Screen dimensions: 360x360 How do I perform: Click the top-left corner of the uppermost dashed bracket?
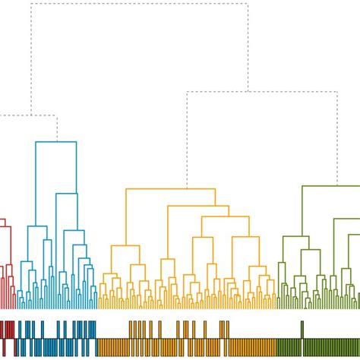(x=31, y=4)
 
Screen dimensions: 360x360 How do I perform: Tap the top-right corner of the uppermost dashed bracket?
(x=248, y=4)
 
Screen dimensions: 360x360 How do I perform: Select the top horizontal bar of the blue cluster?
(x=56, y=142)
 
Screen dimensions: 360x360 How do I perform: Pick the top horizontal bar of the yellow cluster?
(x=169, y=189)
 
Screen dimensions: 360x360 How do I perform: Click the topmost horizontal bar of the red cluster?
(x=2, y=219)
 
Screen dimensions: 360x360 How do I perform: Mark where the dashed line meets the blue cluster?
(x=57, y=141)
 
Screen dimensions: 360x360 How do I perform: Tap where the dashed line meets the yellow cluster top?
(x=187, y=188)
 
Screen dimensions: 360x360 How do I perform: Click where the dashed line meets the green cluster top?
(x=336, y=185)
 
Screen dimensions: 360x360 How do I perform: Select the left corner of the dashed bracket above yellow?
(x=187, y=92)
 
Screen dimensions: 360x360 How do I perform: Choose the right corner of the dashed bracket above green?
(x=336, y=92)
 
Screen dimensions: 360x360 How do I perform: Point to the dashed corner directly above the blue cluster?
(x=57, y=116)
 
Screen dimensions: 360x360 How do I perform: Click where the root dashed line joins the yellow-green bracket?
(x=248, y=92)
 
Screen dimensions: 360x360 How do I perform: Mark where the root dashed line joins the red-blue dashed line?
(x=31, y=116)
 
